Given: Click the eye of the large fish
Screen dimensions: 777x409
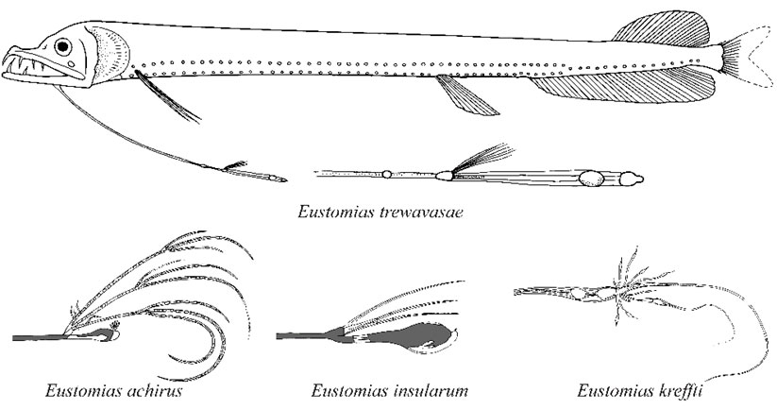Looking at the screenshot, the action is click(63, 46).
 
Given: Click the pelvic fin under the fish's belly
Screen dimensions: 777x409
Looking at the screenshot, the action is click(465, 95).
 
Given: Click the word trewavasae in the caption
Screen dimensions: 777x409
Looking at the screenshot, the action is click(421, 213).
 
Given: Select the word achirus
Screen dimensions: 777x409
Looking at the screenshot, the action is click(154, 391).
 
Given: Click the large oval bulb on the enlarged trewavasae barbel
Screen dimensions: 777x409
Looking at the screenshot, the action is click(591, 179).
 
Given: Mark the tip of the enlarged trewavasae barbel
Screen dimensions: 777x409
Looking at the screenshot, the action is click(643, 178).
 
